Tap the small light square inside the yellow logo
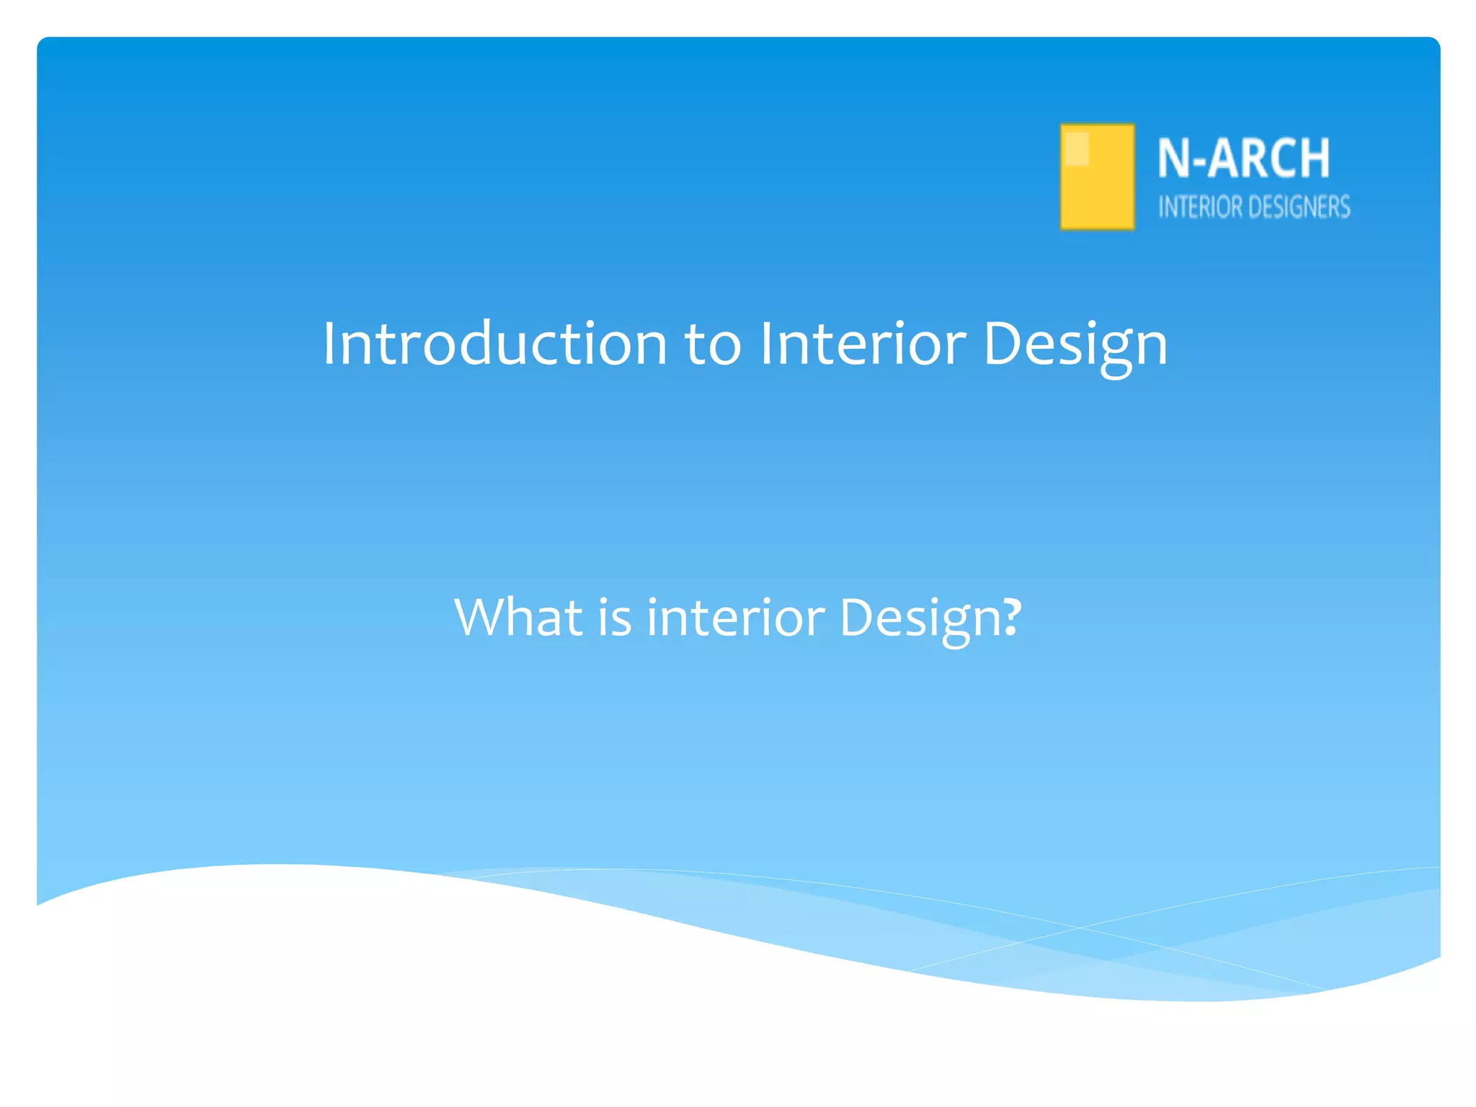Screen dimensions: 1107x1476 (x=1076, y=148)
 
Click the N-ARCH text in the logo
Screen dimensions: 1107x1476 (x=1243, y=158)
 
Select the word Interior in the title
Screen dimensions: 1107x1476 (x=862, y=344)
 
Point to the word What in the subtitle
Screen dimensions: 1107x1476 (x=518, y=618)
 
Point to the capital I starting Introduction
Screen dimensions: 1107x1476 (x=329, y=344)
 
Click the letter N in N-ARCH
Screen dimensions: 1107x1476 (x=1173, y=158)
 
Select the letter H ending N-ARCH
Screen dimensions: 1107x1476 (x=1316, y=158)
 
